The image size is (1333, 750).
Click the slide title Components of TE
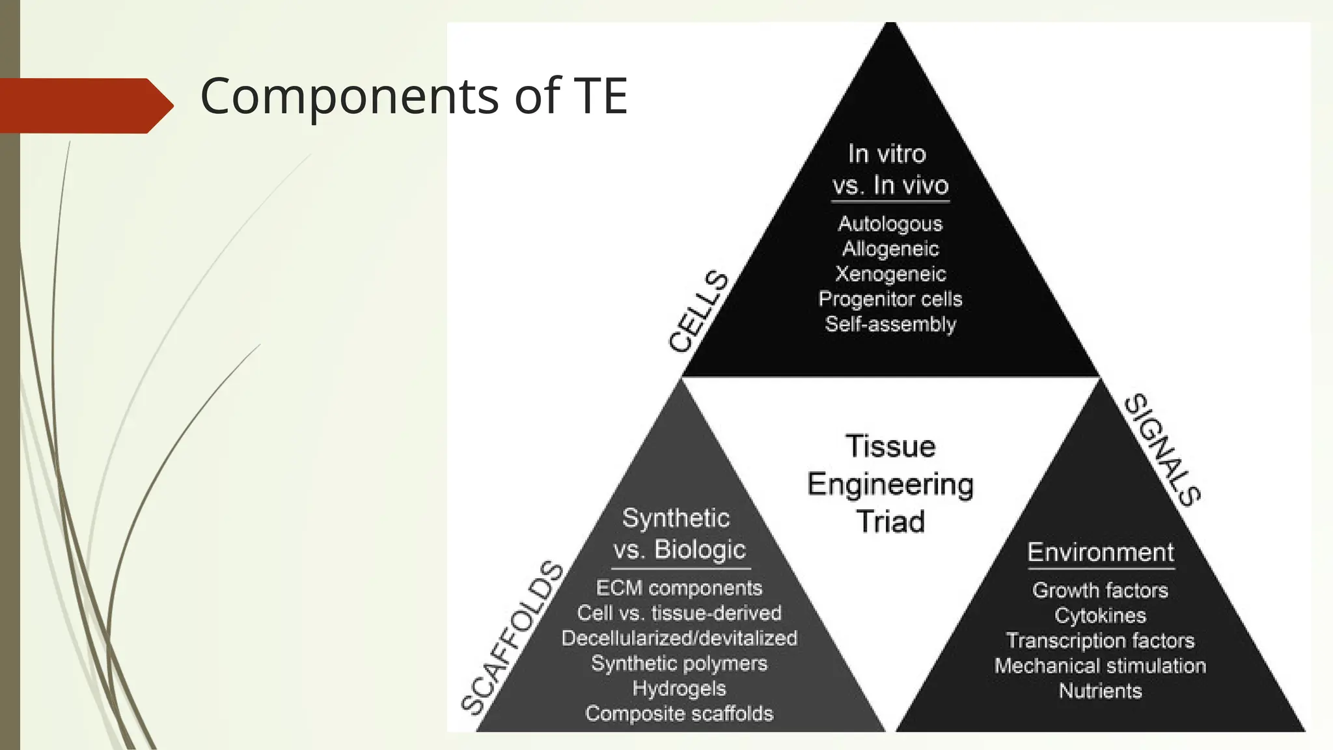[413, 96]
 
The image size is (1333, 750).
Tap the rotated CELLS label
[698, 312]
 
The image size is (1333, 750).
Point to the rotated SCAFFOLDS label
[512, 638]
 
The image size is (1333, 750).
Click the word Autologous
[890, 224]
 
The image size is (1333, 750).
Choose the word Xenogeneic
[890, 274]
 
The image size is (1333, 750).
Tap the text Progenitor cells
[890, 299]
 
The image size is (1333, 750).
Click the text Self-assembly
[890, 324]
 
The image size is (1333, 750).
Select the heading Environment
[1100, 553]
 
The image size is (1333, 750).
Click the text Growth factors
[1100, 590]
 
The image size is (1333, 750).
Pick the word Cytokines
[1100, 615]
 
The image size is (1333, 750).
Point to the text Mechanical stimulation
[1100, 666]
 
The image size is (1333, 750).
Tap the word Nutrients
[1100, 691]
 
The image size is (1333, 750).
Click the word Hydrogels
[679, 689]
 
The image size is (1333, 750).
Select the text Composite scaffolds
[679, 714]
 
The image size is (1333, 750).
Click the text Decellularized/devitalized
[679, 638]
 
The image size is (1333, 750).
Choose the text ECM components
[679, 588]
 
